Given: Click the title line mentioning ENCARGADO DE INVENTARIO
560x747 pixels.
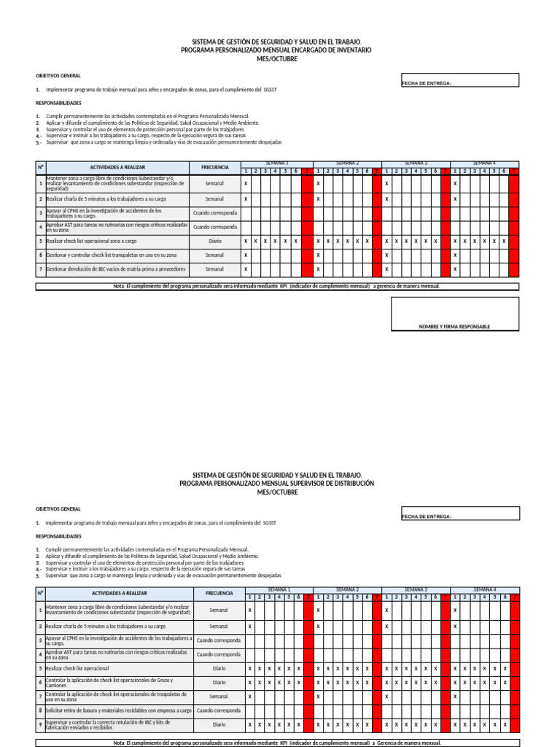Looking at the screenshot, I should click(x=276, y=50).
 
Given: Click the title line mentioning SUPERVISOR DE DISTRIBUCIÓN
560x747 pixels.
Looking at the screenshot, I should click(x=276, y=484).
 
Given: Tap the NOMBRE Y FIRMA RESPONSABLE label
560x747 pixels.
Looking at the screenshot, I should click(x=454, y=327).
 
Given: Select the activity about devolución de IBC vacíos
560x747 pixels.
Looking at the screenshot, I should click(x=115, y=269).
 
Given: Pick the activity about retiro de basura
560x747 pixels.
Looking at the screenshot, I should click(x=118, y=710).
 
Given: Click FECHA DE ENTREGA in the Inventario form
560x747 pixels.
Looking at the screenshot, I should click(x=427, y=83).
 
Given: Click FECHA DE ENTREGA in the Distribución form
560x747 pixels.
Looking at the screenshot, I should click(x=427, y=516).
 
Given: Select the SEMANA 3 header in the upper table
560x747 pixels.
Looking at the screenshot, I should click(x=416, y=163).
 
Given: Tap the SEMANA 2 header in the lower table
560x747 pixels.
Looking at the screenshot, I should click(x=347, y=589).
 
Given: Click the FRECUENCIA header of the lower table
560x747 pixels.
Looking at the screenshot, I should click(x=219, y=593).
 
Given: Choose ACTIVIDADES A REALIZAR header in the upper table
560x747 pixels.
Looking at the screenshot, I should click(x=117, y=167).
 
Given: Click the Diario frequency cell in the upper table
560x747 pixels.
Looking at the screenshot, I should click(x=214, y=241).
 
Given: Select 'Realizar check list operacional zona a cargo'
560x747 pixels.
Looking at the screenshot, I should click(x=90, y=241).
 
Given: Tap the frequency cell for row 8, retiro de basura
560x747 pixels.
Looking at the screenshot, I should click(x=219, y=710).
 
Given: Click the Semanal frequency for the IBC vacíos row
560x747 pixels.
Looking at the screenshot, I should click(x=214, y=269).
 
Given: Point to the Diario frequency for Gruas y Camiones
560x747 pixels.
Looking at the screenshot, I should click(x=219, y=682).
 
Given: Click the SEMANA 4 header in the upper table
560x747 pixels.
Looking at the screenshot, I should click(x=484, y=163).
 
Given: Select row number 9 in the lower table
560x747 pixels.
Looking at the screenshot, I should click(x=41, y=724).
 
